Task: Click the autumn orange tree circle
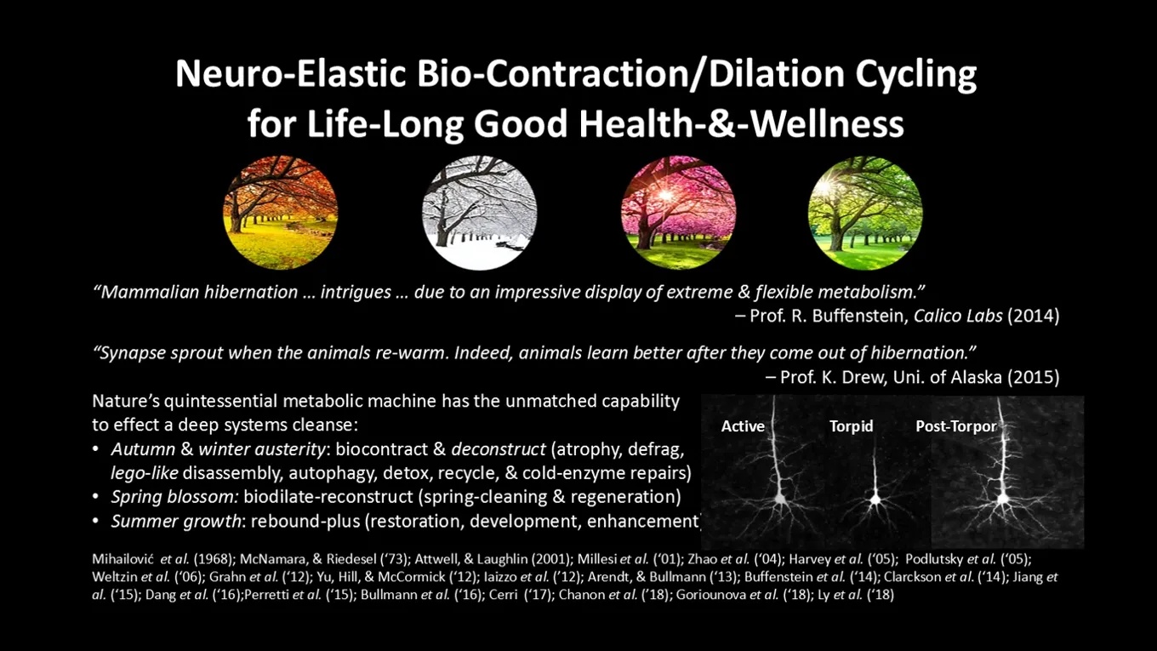[281, 213]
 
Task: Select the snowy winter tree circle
[479, 213]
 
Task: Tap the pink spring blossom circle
[678, 213]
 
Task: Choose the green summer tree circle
[865, 213]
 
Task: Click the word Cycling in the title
[915, 75]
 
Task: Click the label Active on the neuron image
[743, 426]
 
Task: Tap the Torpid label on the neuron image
[852, 426]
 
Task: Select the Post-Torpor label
[956, 426]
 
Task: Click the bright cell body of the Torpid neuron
[875, 500]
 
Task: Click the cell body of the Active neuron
[780, 499]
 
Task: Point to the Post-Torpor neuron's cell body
[1003, 499]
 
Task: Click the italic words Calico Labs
[958, 316]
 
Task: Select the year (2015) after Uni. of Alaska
[1033, 377]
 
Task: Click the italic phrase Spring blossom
[174, 497]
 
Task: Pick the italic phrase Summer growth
[176, 521]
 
